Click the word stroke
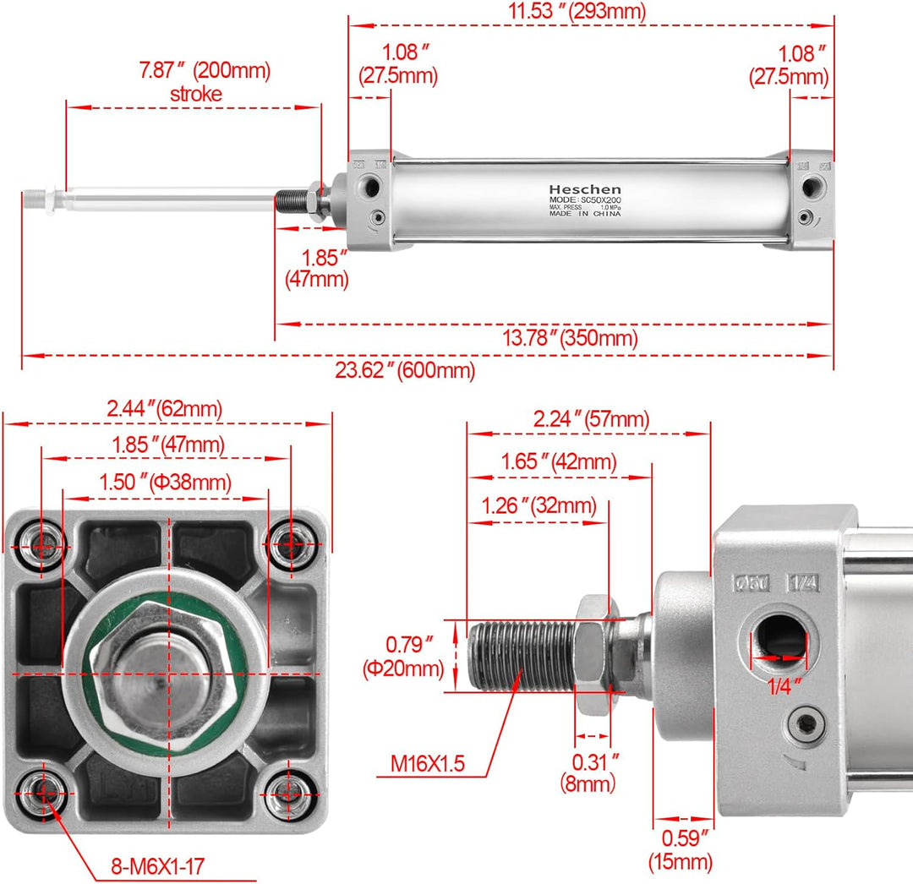195,94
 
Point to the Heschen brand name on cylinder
584,189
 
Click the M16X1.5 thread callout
428,765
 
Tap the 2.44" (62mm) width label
164,409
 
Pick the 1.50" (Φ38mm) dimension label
165,483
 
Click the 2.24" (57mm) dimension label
591,418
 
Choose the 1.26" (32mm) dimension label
539,507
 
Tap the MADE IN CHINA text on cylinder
584,215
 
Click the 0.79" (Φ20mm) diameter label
403,657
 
